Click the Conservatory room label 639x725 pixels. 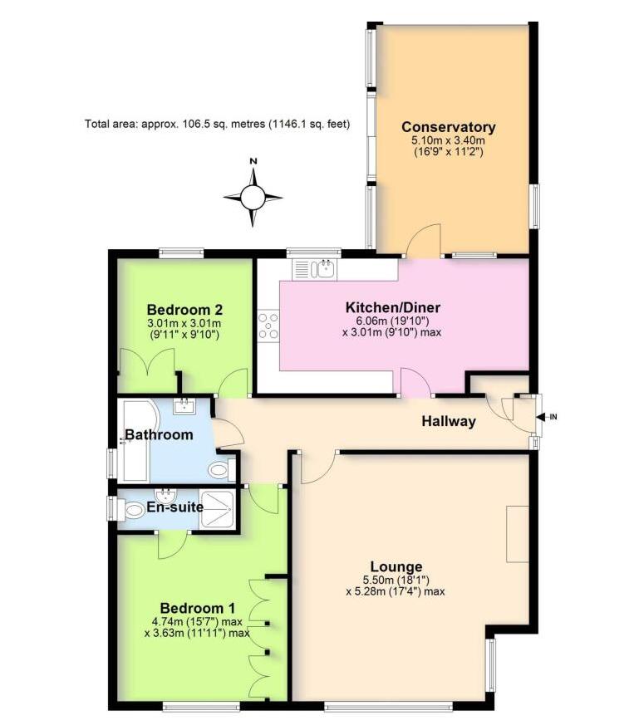pos(449,127)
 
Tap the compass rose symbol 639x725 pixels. pos(253,197)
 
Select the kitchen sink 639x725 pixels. pos(313,269)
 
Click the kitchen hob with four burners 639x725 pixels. pos(268,325)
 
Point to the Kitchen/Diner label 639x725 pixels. pos(392,308)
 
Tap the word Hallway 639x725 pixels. pos(449,421)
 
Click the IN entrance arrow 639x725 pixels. pos(547,417)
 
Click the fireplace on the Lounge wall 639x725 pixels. pos(518,532)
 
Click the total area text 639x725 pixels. pos(218,124)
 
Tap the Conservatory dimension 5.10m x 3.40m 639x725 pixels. pos(449,142)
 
